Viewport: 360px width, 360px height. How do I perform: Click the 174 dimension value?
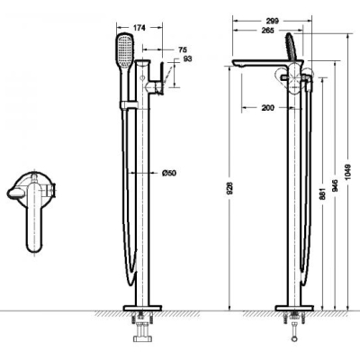(x=139, y=28)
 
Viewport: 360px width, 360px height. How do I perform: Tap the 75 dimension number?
(x=183, y=49)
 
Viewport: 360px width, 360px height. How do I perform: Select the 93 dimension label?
(x=187, y=58)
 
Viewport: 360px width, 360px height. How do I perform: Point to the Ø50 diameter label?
(x=169, y=173)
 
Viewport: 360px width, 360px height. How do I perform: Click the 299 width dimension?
(x=273, y=21)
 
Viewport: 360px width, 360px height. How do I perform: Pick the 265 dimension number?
(x=267, y=31)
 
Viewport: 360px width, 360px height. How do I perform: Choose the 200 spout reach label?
(x=268, y=108)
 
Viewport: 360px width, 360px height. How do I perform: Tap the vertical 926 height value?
(x=230, y=189)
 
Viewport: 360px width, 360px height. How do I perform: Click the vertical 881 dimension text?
(x=323, y=193)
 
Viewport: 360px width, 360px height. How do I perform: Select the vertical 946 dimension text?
(x=335, y=185)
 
